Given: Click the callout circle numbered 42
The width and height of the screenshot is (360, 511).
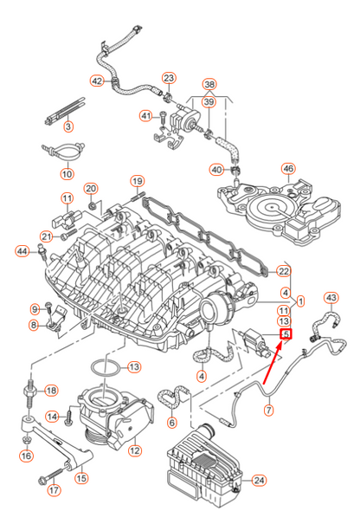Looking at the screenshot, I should (x=97, y=81).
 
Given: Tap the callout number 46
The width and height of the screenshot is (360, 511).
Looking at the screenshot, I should (x=288, y=169).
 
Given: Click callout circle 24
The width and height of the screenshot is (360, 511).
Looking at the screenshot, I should (x=260, y=479).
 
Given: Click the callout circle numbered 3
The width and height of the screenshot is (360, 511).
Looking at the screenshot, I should (x=67, y=127).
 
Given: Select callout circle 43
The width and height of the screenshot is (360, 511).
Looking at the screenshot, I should (x=330, y=298).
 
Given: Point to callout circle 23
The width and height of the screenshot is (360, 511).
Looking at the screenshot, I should (x=169, y=78).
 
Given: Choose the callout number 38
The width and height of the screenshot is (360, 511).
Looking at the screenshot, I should (x=209, y=85).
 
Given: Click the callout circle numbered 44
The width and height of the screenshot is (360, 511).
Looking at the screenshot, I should (x=22, y=251).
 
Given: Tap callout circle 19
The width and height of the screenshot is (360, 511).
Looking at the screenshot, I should (x=137, y=180).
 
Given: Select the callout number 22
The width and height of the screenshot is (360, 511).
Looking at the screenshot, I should (x=284, y=270).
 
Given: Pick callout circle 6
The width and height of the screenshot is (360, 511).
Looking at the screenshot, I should (x=171, y=423).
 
